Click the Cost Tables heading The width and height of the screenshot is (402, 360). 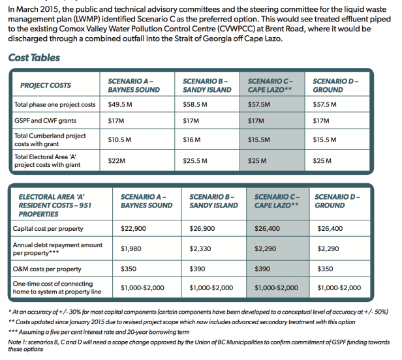click(x=34, y=58)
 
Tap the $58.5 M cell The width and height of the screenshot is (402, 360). click(x=196, y=104)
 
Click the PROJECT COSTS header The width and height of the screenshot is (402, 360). click(x=46, y=85)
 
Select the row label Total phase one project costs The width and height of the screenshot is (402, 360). click(x=55, y=104)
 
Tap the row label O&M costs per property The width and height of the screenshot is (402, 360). click(x=48, y=269)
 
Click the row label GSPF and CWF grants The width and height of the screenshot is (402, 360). click(x=47, y=121)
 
